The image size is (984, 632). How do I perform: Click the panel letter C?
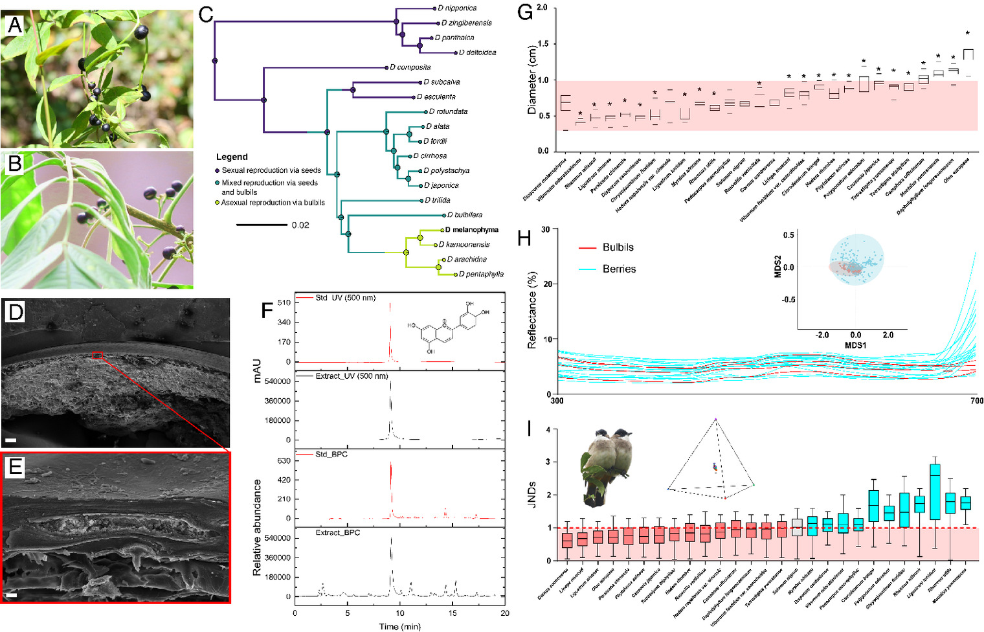(x=206, y=14)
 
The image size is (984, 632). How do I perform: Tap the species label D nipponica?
(x=457, y=8)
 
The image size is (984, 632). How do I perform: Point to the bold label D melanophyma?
(x=472, y=230)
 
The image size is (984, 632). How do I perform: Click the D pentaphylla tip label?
(x=481, y=275)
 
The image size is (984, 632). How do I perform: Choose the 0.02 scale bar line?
(x=262, y=225)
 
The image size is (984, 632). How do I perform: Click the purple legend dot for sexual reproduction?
(x=218, y=170)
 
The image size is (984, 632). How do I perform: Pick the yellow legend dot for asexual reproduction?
(x=218, y=203)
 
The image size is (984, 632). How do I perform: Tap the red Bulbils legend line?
(x=587, y=248)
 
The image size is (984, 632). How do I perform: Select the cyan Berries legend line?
(x=587, y=269)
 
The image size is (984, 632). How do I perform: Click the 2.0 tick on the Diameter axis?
(x=542, y=8)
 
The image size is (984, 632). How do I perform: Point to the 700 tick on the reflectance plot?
(x=976, y=401)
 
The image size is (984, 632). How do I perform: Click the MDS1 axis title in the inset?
(x=855, y=346)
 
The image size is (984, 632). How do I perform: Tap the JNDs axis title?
(x=531, y=494)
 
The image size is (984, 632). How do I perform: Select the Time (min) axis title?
(x=399, y=626)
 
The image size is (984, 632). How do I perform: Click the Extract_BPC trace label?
(x=338, y=533)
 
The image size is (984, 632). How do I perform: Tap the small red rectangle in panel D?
(x=97, y=354)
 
